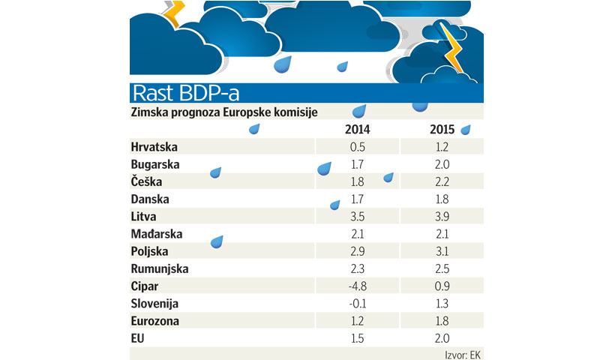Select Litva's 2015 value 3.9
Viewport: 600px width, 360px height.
pos(442,217)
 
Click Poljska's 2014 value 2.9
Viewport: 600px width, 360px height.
pos(357,251)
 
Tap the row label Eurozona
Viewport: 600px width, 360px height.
pos(155,320)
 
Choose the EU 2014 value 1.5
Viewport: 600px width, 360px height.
pos(357,337)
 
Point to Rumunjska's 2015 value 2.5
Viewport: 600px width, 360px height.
pos(442,268)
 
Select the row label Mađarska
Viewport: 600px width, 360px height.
pos(156,234)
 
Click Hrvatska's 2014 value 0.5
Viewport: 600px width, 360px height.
pos(357,148)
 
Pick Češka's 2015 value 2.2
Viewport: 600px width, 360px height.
pos(442,182)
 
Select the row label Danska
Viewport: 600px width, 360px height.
pos(150,199)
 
